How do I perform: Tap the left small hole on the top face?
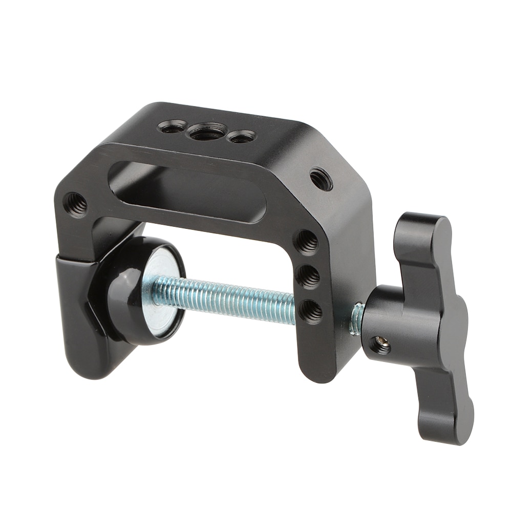[173, 126]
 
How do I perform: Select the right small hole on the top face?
[241, 137]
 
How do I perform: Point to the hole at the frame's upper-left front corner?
[76, 204]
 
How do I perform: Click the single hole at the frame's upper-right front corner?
[321, 179]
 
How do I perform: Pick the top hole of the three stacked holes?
[307, 241]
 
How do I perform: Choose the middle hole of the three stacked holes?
[309, 276]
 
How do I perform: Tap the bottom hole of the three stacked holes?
[311, 311]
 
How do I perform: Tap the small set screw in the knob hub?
[380, 345]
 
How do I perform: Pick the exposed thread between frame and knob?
[357, 318]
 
